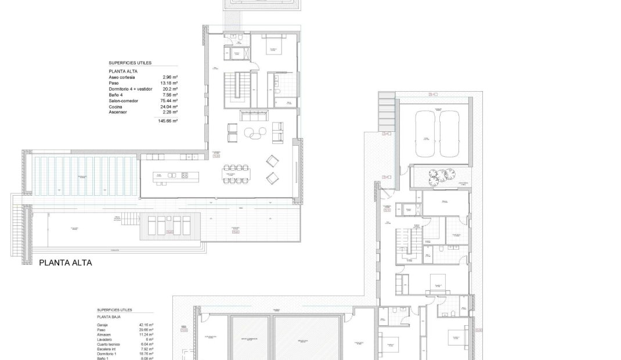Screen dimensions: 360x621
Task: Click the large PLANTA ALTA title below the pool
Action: click(65, 262)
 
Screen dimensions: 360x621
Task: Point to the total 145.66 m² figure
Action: click(167, 121)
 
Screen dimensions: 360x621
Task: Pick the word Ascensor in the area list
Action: click(118, 112)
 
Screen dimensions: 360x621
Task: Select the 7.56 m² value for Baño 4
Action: click(171, 95)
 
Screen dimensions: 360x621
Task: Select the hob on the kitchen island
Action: click(184, 175)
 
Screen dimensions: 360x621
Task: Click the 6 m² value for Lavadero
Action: click(149, 339)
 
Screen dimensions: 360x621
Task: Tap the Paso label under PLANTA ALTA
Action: click(114, 83)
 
